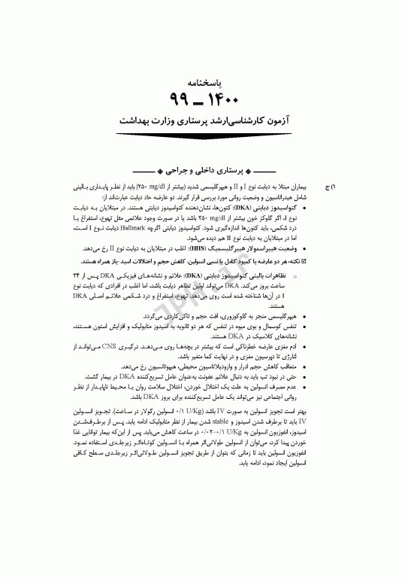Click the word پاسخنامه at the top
204,78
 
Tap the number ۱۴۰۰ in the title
225,98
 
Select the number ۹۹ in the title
183,98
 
